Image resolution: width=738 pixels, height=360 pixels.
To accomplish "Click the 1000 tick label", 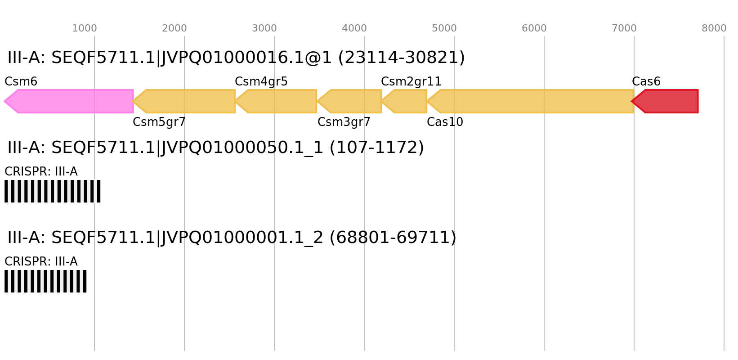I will coord(84,28).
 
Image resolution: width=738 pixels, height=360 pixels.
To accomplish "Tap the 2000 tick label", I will coord(174,28).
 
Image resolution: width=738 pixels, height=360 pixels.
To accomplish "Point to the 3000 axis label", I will coord(264,28).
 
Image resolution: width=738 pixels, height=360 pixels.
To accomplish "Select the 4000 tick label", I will coord(354,28).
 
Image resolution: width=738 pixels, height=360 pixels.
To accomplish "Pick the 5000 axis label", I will coord(444,28).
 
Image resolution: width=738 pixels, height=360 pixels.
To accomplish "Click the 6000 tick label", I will coord(534,28).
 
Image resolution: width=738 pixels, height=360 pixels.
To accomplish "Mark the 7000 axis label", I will coord(624,28).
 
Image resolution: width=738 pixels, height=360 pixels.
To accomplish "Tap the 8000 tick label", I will coord(714,28).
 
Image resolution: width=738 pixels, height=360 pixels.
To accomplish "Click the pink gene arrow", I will coord(72,101).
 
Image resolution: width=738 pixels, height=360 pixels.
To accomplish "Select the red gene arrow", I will coord(668,101).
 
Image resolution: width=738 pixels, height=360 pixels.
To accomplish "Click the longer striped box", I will coord(53,191).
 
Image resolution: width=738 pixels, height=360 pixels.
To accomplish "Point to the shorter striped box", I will coord(45,281).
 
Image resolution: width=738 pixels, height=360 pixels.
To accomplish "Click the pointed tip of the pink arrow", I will coord(4,101).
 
